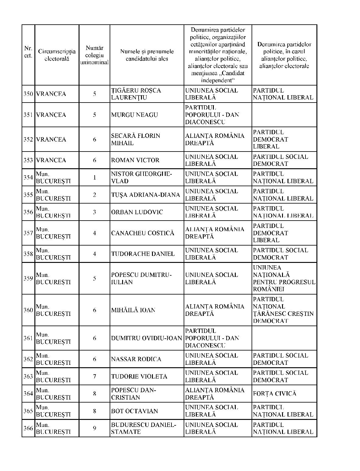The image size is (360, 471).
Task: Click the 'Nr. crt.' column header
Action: coord(28,52)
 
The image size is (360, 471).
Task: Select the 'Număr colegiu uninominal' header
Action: coord(94,55)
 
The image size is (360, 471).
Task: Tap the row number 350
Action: coord(28,94)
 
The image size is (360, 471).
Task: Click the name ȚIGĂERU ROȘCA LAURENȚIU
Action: coord(136,94)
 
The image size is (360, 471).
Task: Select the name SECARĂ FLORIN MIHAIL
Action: coord(135,139)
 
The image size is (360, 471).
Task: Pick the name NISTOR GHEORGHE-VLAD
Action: coord(141,177)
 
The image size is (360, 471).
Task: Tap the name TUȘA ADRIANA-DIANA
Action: coord(145,195)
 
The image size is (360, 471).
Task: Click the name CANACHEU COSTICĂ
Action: coord(143,233)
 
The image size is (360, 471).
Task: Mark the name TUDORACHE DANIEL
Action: coord(143,254)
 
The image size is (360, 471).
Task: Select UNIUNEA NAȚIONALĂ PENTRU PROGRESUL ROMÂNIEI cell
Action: coord(284,278)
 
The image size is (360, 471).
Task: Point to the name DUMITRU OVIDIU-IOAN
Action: coord(146,338)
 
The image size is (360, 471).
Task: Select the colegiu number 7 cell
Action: coord(94,376)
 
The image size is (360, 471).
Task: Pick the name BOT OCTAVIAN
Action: coord(134,411)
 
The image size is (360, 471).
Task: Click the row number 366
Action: coord(28,428)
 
